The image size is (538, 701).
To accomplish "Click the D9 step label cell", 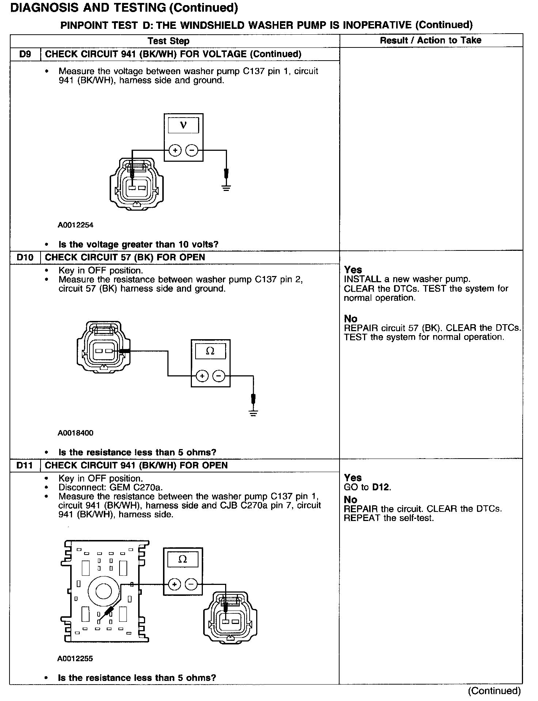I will (25, 54).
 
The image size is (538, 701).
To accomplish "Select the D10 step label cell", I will (25, 257).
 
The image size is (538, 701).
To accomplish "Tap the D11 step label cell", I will (25, 466).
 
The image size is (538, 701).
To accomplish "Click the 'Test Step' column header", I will (168, 41).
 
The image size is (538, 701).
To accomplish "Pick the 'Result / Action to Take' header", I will (431, 41).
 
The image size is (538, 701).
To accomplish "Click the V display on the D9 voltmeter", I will (183, 126).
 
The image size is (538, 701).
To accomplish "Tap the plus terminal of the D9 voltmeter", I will (175, 150).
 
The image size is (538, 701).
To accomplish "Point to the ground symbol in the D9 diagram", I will (226, 188).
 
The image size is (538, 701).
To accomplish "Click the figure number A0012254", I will (76, 225).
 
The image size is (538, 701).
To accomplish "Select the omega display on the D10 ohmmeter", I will (210, 351).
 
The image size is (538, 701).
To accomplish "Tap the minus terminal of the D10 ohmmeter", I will (219, 376).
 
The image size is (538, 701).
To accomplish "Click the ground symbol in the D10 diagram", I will (253, 413).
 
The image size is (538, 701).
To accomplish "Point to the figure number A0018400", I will (76, 433).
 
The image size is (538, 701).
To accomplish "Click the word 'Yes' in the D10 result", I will (353, 270).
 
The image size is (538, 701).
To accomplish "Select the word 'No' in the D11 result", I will (350, 499).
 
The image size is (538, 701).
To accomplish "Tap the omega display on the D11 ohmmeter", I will (182, 559).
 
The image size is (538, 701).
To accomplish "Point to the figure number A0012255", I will (75, 659).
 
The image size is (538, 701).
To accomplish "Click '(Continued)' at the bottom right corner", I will (494, 691).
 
